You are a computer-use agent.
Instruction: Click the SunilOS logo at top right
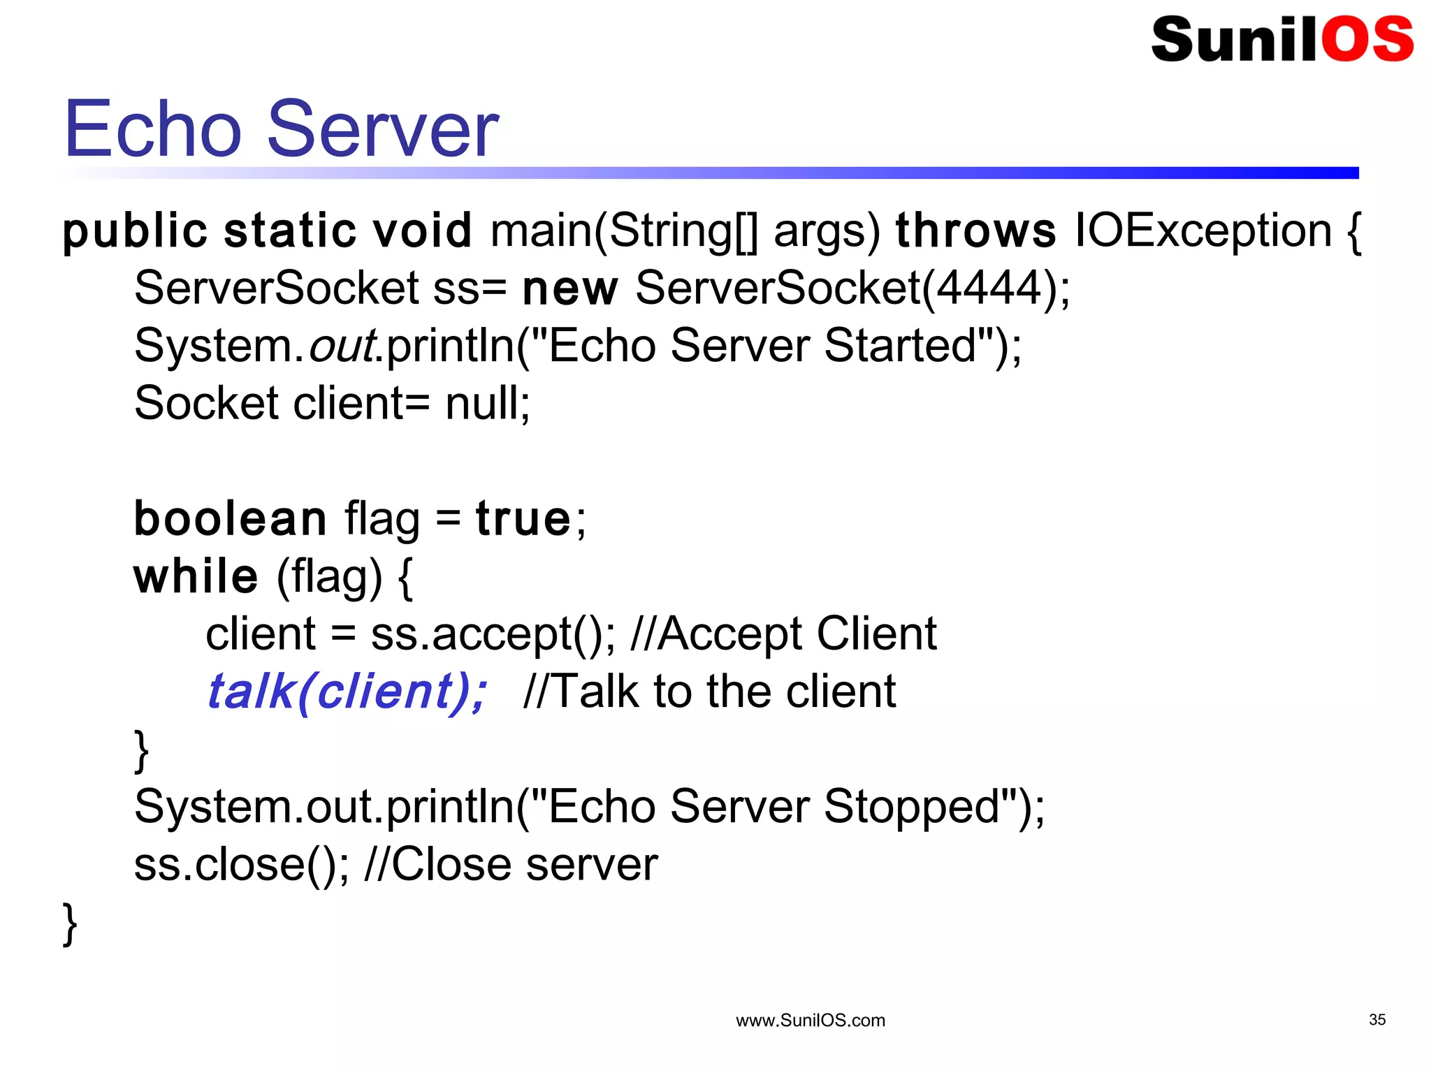(1281, 39)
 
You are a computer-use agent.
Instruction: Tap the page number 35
(1376, 1019)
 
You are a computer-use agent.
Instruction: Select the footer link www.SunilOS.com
(810, 1021)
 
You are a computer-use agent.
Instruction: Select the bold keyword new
(569, 289)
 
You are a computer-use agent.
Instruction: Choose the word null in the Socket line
(482, 403)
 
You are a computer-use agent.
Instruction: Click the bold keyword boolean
(230, 519)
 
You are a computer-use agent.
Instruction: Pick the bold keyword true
(523, 519)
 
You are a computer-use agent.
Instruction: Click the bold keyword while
(196, 577)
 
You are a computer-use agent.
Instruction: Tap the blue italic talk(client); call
(347, 692)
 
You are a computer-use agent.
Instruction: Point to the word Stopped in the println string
(912, 807)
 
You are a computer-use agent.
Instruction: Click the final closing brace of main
(70, 924)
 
